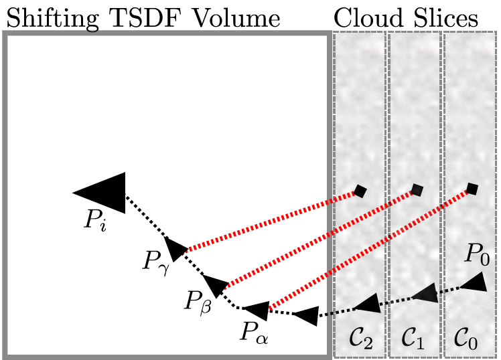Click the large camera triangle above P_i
pyautogui.click(x=102, y=193)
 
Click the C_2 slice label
pyautogui.click(x=359, y=340)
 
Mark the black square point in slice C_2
pyautogui.click(x=360, y=192)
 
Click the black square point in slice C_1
pyautogui.click(x=417, y=189)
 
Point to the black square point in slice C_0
pyautogui.click(x=472, y=189)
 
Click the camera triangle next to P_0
pyautogui.click(x=475, y=283)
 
